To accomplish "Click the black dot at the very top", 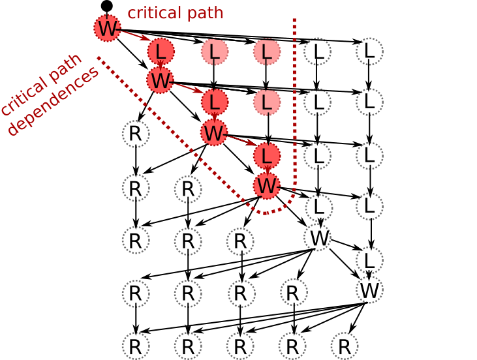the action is [106, 6].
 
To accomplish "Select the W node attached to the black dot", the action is [107, 28].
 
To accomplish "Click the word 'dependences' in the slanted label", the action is [54, 101].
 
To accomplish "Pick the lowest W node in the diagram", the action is [369, 290].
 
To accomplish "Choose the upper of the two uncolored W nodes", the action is [318, 238].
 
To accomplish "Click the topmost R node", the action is [136, 134].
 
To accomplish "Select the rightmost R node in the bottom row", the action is [345, 346].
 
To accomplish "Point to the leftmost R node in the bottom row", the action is [136, 346].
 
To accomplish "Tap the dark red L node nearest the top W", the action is [161, 52].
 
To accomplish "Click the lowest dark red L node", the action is [267, 156].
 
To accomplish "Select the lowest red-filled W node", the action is [267, 186].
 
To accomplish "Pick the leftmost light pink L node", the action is [215, 52].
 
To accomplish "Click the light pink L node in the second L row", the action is [267, 102].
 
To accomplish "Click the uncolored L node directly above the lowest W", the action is [369, 260].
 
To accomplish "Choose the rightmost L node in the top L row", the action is [369, 51].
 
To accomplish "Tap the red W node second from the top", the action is [160, 80].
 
